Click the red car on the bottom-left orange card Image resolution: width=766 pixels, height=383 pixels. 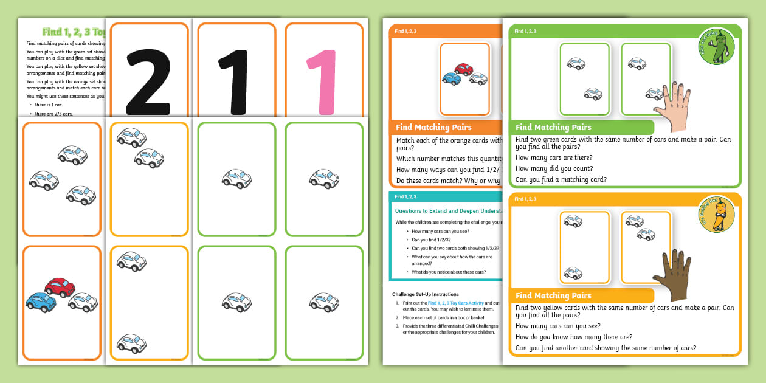(60, 287)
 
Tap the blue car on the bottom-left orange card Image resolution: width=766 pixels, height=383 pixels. (41, 301)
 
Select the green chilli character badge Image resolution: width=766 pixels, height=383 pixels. (716, 47)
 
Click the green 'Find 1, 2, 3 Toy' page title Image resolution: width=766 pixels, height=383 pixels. (73, 32)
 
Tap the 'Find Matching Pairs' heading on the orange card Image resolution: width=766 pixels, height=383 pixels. (433, 128)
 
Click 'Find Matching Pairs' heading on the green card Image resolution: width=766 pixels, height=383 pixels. (553, 128)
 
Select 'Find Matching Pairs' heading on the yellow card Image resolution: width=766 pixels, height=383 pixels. (553, 296)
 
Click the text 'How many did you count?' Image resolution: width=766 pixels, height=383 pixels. (554, 168)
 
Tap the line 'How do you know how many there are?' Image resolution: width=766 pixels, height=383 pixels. (573, 337)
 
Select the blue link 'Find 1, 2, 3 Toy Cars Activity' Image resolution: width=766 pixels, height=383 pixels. (455, 303)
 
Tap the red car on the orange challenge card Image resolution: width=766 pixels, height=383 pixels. (463, 69)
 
